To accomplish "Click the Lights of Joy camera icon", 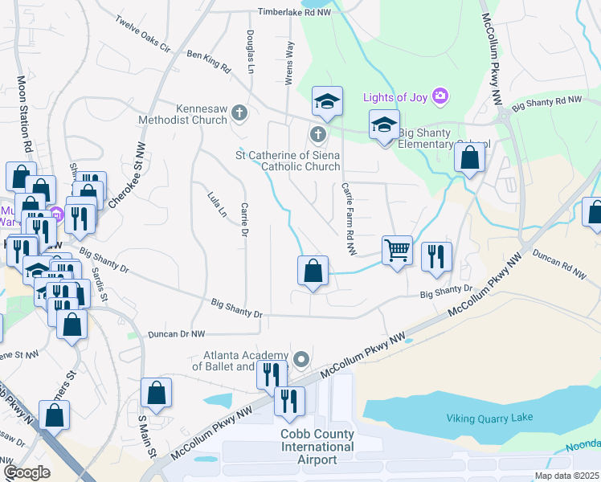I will coord(440,96).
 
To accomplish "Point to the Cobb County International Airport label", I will coord(317,447).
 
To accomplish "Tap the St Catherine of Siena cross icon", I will coord(318,133).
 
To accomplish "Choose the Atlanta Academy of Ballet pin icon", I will coord(301,359).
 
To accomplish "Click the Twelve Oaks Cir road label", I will coord(144,34).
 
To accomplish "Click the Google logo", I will coord(27,472).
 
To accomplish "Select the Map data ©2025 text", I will coord(567,476).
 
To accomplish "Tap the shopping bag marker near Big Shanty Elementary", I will coord(469,157).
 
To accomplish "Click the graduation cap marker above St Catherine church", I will coord(327,102).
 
